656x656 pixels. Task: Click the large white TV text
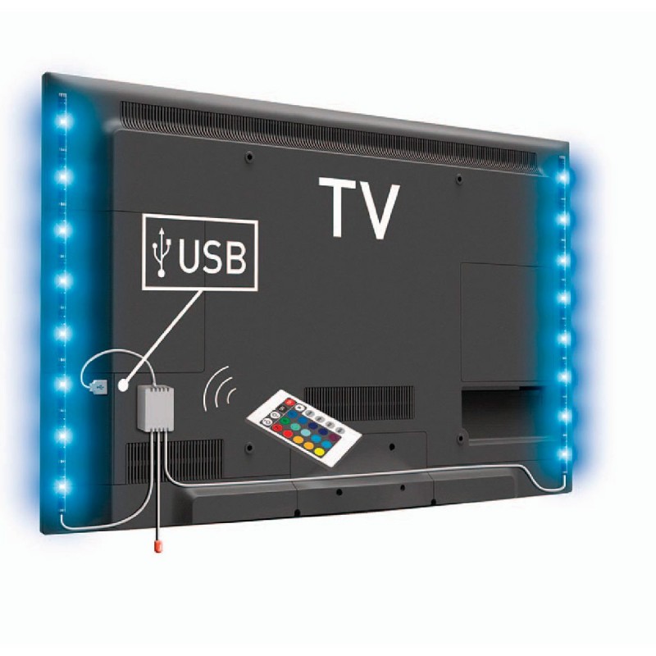(x=359, y=208)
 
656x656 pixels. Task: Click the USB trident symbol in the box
(x=161, y=252)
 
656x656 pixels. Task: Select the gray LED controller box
(x=156, y=408)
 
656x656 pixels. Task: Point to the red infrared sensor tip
(x=157, y=546)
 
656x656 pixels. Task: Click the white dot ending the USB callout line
(x=123, y=385)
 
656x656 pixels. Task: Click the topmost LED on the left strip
(x=63, y=121)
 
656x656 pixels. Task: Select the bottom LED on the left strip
(x=62, y=486)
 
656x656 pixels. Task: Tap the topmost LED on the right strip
(x=563, y=178)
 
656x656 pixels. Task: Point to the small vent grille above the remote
(x=359, y=403)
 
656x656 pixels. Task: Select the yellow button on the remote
(x=319, y=453)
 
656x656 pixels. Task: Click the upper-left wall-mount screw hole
(x=250, y=157)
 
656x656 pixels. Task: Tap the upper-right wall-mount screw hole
(x=459, y=180)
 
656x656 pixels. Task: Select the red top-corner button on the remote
(x=289, y=403)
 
